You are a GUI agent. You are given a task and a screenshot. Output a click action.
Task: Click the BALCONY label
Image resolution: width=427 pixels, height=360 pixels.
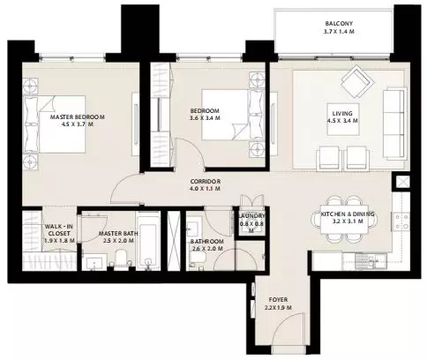click(x=339, y=24)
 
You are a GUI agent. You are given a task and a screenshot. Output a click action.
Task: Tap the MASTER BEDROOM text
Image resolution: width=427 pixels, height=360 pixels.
click(x=78, y=116)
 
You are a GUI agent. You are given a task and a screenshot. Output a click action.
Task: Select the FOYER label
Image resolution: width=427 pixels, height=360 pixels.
click(x=278, y=300)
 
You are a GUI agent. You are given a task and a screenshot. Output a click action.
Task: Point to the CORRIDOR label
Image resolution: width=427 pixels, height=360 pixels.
click(x=206, y=182)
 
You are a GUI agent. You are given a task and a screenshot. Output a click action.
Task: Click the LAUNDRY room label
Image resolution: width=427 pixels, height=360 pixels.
click(x=251, y=216)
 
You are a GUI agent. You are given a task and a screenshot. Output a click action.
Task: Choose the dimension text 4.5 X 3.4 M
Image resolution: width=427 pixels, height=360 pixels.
click(x=342, y=121)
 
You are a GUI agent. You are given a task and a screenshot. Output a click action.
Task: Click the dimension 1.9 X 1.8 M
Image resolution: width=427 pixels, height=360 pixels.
click(x=59, y=241)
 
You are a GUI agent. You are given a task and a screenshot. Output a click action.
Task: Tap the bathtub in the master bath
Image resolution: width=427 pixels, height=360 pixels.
click(x=148, y=240)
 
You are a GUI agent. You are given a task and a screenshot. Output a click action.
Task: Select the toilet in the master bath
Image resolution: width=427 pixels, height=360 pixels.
click(x=121, y=259)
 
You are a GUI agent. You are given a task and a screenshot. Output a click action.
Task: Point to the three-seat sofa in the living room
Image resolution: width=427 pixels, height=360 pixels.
click(x=395, y=124)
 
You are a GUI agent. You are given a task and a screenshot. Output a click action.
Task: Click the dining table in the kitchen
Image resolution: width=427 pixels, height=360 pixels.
click(x=345, y=219)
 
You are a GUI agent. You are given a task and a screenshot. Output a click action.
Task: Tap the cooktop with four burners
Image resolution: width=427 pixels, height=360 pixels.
click(x=401, y=221)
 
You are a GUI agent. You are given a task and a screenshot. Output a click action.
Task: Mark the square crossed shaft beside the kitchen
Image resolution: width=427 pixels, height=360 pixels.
click(x=402, y=182)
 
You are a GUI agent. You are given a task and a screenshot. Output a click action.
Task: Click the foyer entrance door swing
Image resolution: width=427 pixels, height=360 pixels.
click(x=288, y=328)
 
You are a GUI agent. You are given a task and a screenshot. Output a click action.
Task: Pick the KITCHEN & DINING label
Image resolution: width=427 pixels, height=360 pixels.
click(x=348, y=214)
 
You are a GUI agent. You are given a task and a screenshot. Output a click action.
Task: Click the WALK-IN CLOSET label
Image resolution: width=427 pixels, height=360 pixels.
click(x=59, y=230)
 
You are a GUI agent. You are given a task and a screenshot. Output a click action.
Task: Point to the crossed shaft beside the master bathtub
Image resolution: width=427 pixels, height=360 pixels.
click(x=174, y=240)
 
